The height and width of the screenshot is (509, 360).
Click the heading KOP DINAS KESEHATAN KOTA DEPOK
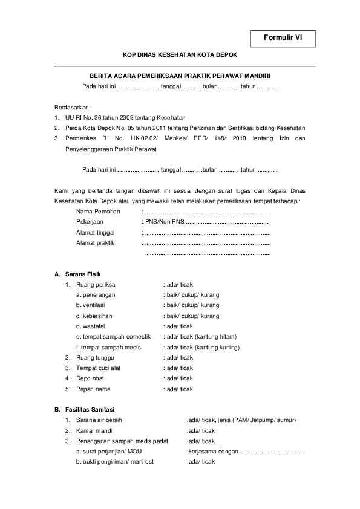click(x=180, y=54)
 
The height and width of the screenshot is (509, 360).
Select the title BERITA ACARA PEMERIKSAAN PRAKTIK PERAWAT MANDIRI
click(x=179, y=76)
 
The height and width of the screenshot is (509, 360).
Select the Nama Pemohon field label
click(x=98, y=212)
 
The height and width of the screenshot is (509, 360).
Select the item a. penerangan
click(x=96, y=294)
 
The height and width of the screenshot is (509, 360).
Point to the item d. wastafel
click(x=91, y=326)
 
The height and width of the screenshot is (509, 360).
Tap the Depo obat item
click(x=90, y=378)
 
